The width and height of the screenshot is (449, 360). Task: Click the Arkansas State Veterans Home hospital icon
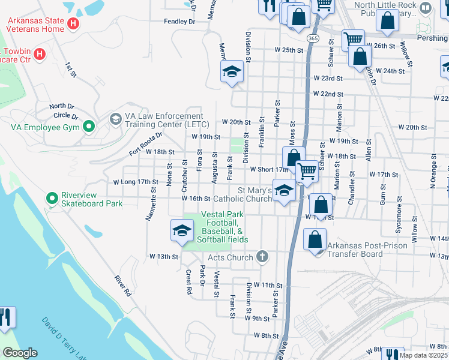pos(73,24)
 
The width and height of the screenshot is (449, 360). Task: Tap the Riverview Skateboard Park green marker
pos(52,197)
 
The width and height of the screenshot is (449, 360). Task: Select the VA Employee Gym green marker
pos(89,127)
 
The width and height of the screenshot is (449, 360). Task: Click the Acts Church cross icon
pos(261,257)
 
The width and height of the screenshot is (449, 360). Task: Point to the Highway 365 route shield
pos(312,38)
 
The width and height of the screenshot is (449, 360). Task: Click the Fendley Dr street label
pos(180,22)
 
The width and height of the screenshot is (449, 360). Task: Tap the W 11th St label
pos(268,284)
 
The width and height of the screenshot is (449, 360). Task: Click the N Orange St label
pos(433,172)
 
